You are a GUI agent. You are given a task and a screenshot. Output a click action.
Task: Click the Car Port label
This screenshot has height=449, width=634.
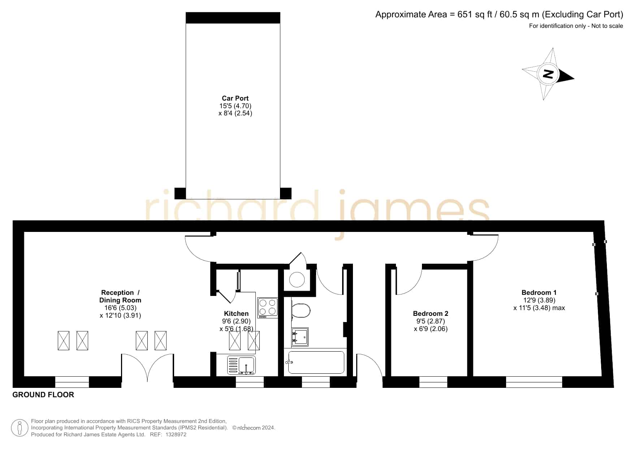click(235, 98)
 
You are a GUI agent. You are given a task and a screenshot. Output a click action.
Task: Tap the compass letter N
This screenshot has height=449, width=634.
click(548, 74)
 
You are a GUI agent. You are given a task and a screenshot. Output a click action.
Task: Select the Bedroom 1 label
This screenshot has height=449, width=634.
click(539, 293)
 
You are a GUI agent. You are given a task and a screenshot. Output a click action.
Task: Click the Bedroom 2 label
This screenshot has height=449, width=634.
click(431, 314)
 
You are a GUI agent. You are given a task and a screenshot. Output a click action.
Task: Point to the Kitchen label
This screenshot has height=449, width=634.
click(236, 314)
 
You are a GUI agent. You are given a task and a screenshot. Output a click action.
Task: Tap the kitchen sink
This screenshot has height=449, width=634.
click(241, 365)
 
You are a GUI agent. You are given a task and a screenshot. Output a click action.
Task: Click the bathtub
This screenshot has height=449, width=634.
click(316, 362)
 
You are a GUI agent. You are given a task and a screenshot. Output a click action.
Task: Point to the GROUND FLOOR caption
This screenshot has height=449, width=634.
click(43, 395)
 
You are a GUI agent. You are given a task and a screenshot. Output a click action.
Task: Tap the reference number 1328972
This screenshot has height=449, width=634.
click(176, 435)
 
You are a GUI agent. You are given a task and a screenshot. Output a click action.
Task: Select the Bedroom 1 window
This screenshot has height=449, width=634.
click(534, 382)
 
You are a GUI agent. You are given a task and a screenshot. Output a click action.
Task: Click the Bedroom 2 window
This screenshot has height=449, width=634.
click(433, 382)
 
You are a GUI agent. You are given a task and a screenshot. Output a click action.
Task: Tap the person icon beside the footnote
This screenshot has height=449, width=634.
click(20, 428)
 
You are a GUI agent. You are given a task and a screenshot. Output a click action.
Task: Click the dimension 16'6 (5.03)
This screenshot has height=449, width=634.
click(120, 308)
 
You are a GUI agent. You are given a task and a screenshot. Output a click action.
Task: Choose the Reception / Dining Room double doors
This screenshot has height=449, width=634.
click(147, 366)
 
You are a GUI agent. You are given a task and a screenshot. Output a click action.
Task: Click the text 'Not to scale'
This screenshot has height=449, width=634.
click(607, 26)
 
